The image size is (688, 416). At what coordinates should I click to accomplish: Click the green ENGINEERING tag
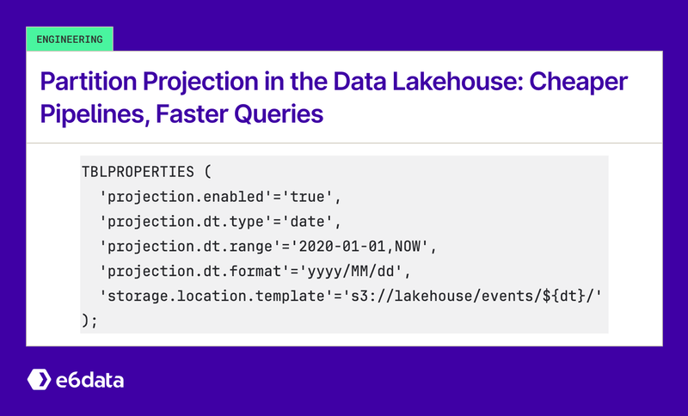coord(70,39)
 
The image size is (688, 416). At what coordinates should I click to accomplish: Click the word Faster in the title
coord(199,113)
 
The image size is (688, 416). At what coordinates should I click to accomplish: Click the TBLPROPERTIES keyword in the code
coord(137,169)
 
